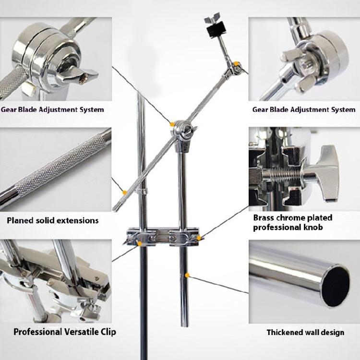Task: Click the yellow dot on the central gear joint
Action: [172, 124]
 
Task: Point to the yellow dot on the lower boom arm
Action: [125, 192]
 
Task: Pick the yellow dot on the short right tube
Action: [187, 275]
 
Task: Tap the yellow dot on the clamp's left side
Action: [140, 243]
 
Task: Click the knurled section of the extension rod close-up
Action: [58, 164]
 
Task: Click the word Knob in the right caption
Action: [312, 227]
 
